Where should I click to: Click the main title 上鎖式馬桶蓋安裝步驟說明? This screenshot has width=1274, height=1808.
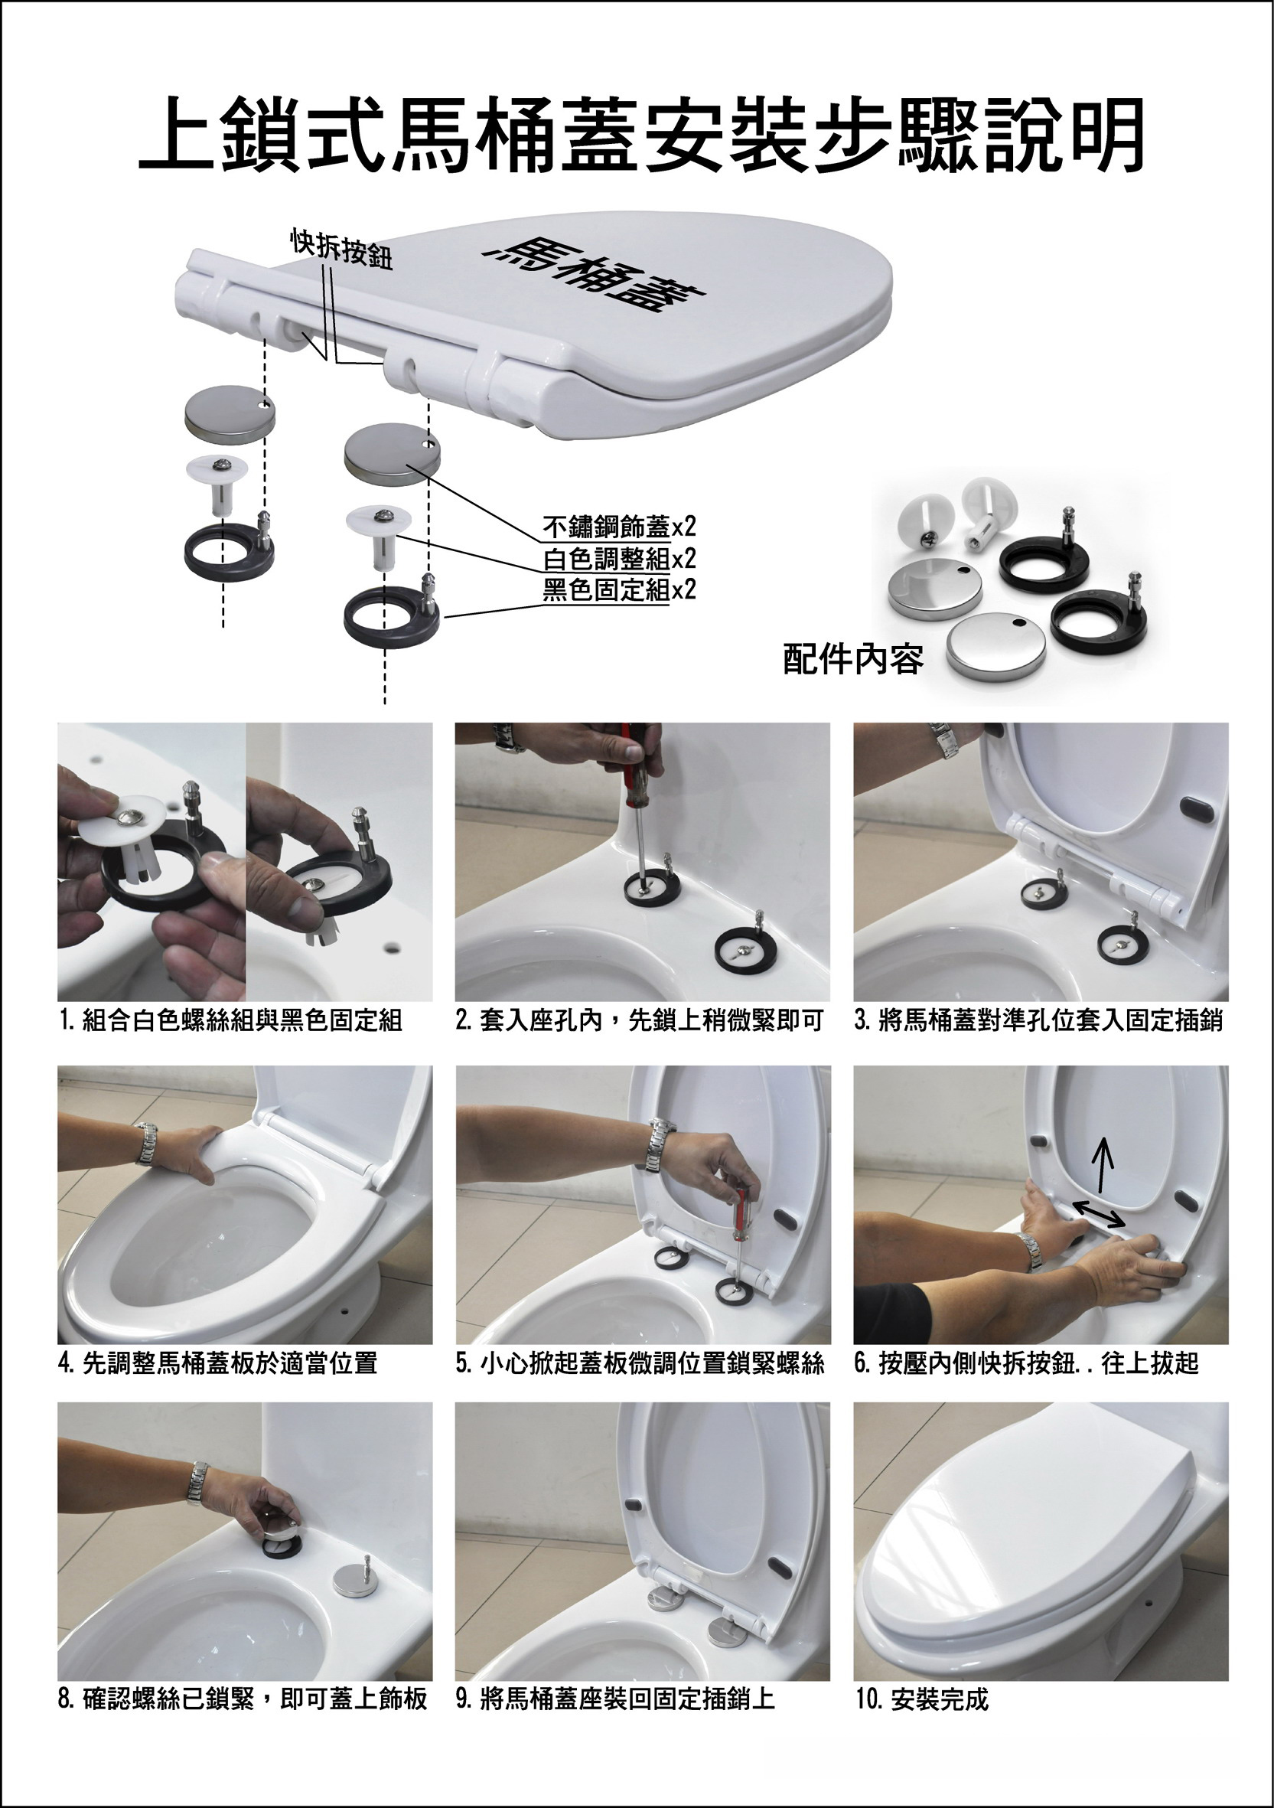(x=641, y=135)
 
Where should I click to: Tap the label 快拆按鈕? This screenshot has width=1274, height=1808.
(x=341, y=249)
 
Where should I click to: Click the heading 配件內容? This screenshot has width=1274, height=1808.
(x=853, y=659)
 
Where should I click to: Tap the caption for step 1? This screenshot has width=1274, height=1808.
(x=231, y=1020)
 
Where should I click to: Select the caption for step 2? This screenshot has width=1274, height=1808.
(x=640, y=1020)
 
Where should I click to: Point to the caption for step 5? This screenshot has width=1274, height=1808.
(x=640, y=1363)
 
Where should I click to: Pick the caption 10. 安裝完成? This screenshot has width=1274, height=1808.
(x=922, y=1699)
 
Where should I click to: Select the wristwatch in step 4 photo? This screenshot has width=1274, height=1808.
(x=145, y=1144)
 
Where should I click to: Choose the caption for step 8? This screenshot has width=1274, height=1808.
(x=243, y=1699)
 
